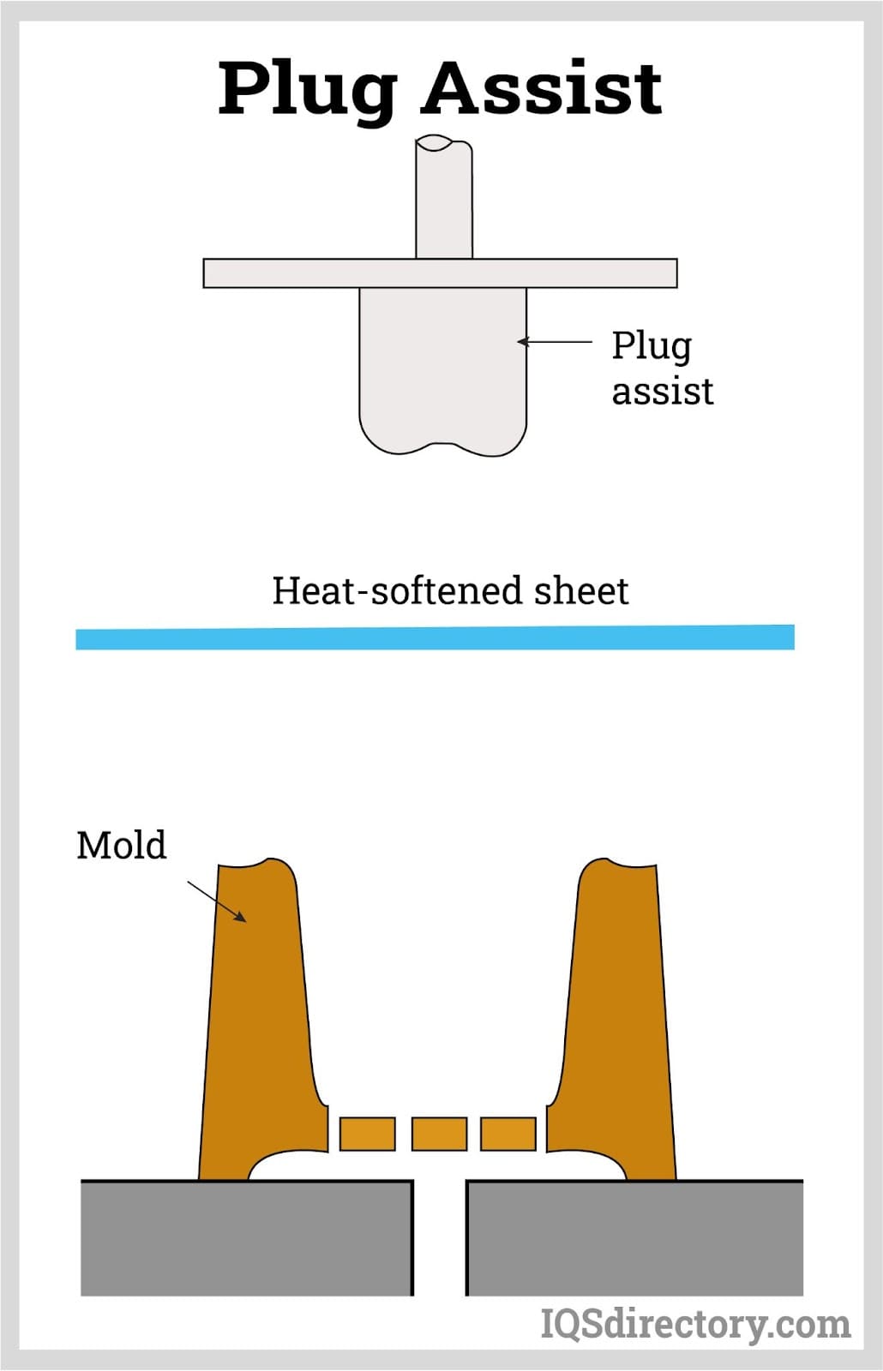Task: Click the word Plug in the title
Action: coord(307,89)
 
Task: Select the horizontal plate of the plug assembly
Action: coord(440,273)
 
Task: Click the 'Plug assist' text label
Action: coord(661,368)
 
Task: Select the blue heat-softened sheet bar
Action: coord(435,638)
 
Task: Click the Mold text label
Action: coord(121,845)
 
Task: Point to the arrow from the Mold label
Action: coord(217,901)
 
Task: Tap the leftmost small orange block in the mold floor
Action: coord(368,1134)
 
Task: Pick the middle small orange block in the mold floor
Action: coord(439,1134)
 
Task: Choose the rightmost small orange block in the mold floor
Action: coord(508,1134)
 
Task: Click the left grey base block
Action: coord(246,1238)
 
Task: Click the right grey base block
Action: coord(634,1238)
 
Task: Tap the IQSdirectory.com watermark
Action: coord(694,1324)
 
